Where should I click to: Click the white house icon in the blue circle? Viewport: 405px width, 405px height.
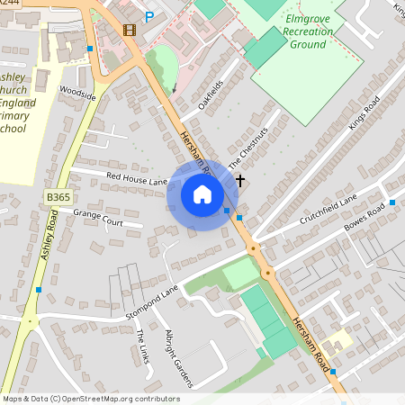(x=202, y=193)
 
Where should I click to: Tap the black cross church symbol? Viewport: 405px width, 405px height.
(x=240, y=181)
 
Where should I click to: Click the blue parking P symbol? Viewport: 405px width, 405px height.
(x=149, y=17)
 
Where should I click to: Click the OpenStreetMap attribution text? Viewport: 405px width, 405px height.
(x=91, y=399)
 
